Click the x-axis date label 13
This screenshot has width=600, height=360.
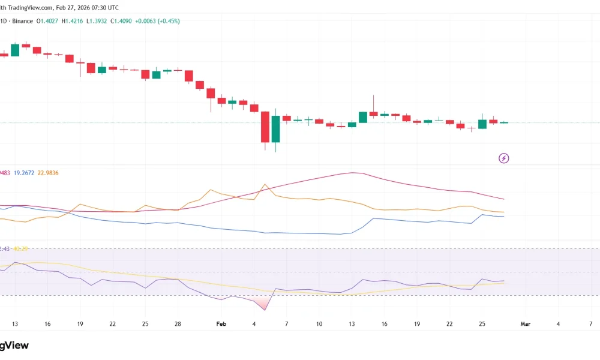click(15, 324)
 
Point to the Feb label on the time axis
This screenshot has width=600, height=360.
click(221, 324)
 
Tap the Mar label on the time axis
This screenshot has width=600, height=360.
click(526, 324)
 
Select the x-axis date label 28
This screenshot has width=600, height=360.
click(178, 324)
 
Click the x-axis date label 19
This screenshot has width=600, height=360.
click(80, 324)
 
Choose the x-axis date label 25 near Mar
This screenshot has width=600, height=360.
click(482, 324)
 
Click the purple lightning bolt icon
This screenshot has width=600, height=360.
click(504, 158)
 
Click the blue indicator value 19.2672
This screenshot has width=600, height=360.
click(26, 173)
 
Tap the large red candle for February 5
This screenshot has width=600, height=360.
click(265, 127)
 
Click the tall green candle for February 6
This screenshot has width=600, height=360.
click(276, 129)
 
